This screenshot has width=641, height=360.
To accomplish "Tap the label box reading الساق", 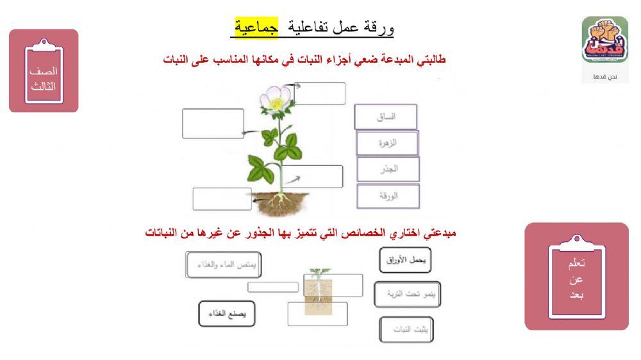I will click(x=386, y=117).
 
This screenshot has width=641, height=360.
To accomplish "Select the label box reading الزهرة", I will click(x=387, y=143).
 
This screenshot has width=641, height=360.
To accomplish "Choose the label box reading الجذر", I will click(x=388, y=169).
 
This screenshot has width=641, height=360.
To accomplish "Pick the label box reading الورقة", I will click(x=388, y=196).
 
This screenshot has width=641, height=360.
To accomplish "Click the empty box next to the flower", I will click(x=319, y=94).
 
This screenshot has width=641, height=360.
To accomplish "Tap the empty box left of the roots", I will click(x=222, y=199).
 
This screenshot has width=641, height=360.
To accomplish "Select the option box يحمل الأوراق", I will click(x=405, y=260).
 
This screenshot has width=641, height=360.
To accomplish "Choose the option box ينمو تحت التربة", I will click(x=405, y=294).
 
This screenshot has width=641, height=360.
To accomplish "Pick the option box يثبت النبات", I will click(x=406, y=329).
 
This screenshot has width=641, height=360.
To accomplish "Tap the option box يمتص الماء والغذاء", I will click(x=224, y=265).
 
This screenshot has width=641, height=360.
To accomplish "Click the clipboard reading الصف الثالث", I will click(x=44, y=71).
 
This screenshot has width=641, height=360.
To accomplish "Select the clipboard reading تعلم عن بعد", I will click(x=576, y=277).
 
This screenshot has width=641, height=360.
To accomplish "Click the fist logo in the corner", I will click(x=604, y=40).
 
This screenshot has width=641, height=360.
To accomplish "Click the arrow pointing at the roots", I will click(x=260, y=200).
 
